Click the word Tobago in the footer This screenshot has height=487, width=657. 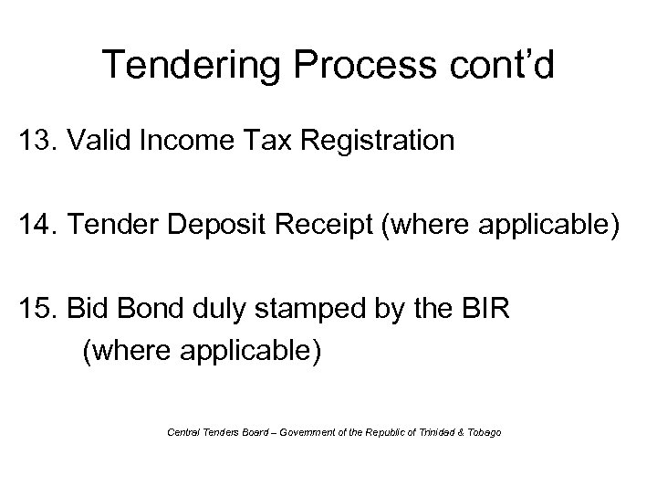pyautogui.click(x=483, y=431)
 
